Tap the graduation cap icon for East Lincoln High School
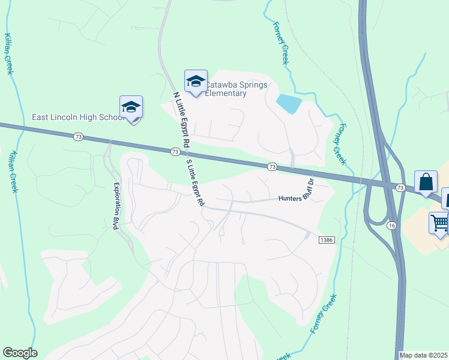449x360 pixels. pyautogui.click(x=131, y=107)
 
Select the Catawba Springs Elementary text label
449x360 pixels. pyautogui.click(x=235, y=89)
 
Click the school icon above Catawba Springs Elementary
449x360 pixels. pyautogui.click(x=196, y=82)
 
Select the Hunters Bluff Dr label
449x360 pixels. pyautogui.click(x=297, y=194)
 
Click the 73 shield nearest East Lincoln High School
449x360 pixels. pyautogui.click(x=79, y=137)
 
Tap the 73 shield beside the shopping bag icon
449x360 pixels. pyautogui.click(x=400, y=188)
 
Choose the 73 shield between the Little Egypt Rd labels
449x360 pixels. pyautogui.click(x=174, y=152)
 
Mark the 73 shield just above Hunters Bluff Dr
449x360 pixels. pyautogui.click(x=272, y=166)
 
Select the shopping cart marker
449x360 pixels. pyautogui.click(x=439, y=223)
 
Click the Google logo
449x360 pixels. pyautogui.click(x=20, y=353)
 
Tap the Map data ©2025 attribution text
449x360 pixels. pyautogui.click(x=424, y=355)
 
